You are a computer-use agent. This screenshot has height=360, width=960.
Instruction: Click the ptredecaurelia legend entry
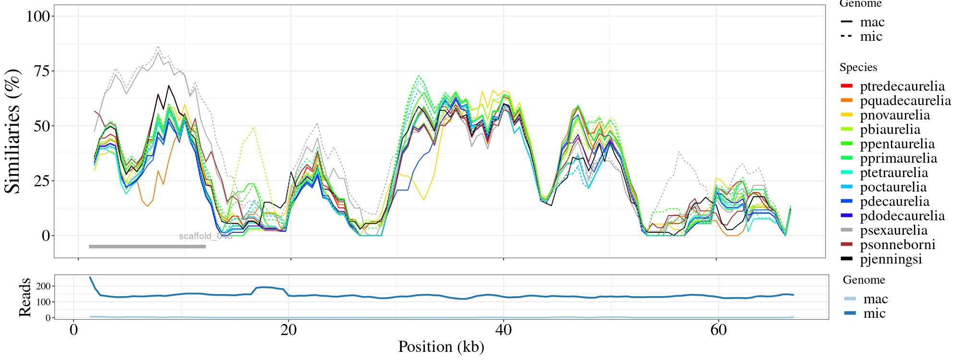point(902,86)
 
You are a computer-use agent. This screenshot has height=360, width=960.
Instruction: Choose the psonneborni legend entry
point(897,245)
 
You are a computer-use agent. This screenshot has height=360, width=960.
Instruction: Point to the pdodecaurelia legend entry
point(902,216)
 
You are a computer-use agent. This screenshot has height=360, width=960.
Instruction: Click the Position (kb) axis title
point(441,347)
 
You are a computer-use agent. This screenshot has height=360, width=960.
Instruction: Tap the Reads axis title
point(24,297)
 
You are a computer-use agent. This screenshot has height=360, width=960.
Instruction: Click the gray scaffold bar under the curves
point(147,247)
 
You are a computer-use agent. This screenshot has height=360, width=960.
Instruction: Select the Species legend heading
point(858,67)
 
